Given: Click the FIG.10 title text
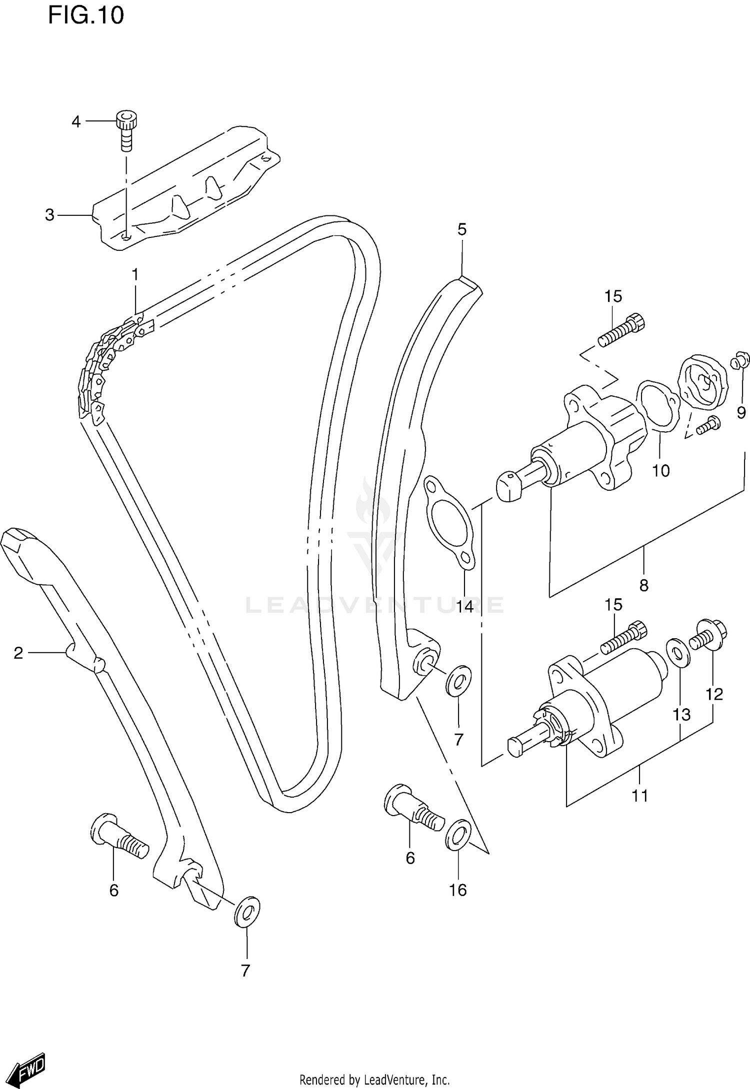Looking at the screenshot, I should click(85, 16).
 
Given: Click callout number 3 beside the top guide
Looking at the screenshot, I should click(49, 215).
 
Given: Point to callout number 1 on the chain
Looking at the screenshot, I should click(134, 274).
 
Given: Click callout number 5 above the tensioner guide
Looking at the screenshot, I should click(461, 230).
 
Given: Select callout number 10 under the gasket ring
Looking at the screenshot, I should click(660, 470).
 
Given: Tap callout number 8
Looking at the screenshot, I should click(643, 585).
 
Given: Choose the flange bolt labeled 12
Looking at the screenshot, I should click(709, 637).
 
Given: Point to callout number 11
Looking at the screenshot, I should click(639, 795).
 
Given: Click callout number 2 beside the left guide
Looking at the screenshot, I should click(18, 653).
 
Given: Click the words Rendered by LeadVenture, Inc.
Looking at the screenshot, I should click(374, 1079).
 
